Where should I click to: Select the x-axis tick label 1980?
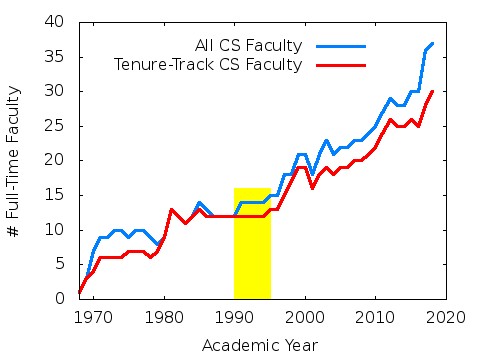coord(164,317)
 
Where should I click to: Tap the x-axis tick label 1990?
coord(234,317)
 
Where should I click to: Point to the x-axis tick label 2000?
coord(304,317)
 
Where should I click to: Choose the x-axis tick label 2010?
coord(375,317)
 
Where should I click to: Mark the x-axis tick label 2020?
coord(445,317)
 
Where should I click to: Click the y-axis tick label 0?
coord(65,299)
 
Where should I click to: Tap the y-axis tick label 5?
coord(65,264)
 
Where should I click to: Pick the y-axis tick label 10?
coord(61,230)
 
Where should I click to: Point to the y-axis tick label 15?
coord(61,195)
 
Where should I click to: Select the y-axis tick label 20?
coord(61,160)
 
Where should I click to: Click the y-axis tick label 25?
coord(61,126)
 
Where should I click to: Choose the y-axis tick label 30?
coord(61,91)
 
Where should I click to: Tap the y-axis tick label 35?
coord(61,56)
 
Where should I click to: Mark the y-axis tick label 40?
coord(61,22)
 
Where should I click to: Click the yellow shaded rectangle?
coord(252,243)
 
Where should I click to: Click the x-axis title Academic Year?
coord(259,345)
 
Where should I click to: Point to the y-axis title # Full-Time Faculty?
coord(14,160)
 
